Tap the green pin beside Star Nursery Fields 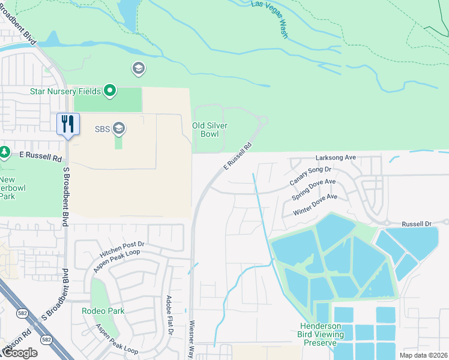(109, 91)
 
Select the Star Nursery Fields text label (65, 92)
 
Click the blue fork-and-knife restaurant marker (68, 124)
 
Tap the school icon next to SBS (119, 128)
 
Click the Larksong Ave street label (337, 158)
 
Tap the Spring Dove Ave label (313, 190)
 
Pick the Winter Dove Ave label (315, 205)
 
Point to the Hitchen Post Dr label (122, 250)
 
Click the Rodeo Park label (103, 311)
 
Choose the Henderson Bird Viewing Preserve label (322, 334)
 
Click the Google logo (19, 353)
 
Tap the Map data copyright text (423, 355)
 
